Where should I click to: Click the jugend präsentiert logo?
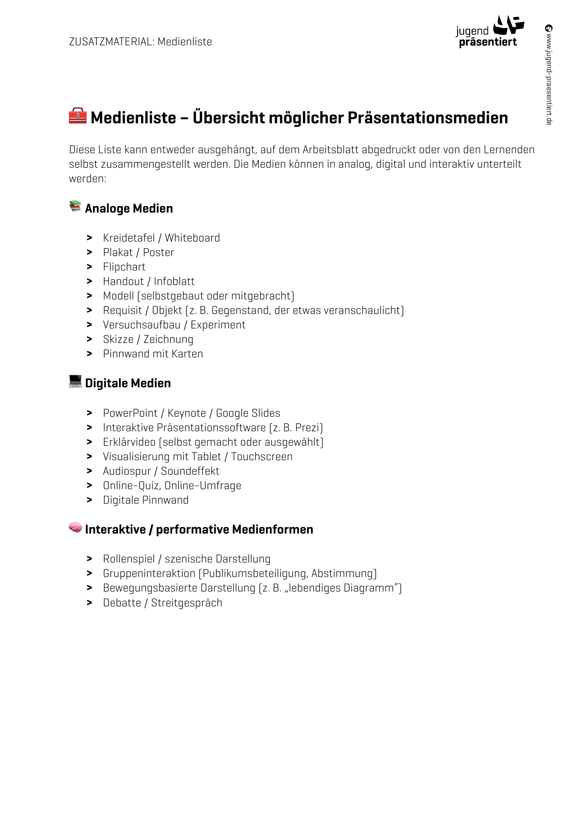pos(489,32)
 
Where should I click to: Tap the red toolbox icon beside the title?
pos(78,116)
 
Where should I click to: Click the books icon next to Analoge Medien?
pos(75,206)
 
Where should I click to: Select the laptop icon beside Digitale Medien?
pos(75,381)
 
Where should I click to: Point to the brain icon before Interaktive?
pos(75,528)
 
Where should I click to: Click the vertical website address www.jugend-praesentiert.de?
pos(549,75)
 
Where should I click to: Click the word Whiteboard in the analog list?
pos(192,238)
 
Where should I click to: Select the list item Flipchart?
pos(124,267)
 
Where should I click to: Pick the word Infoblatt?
pos(174,281)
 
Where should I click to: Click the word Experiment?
pos(218,325)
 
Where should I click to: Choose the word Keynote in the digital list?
pos(186,413)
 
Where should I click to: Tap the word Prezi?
pos(308,428)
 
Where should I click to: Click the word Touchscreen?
pos(261,456)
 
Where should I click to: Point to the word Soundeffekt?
pos(190,471)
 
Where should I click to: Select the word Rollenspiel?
pos(129,559)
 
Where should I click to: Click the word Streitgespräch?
pos(186,603)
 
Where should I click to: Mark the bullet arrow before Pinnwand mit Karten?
pos(89,354)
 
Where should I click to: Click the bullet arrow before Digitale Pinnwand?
pos(89,500)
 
